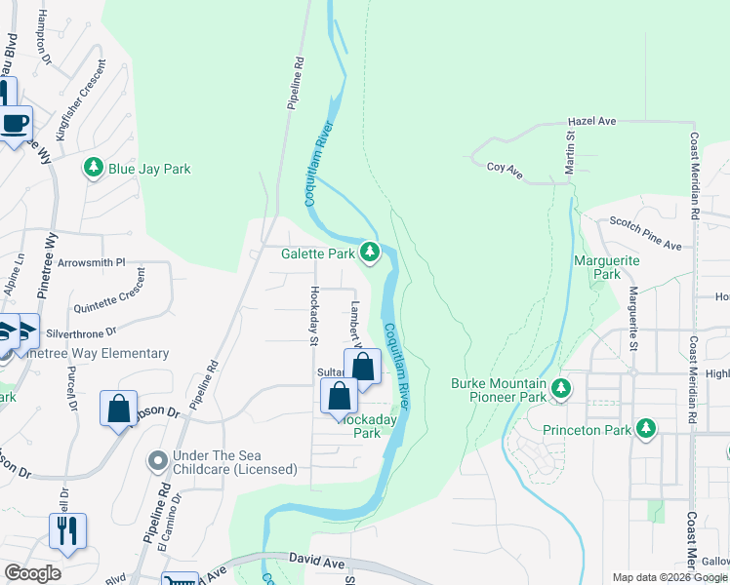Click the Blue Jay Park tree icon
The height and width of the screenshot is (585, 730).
pyautogui.click(x=94, y=169)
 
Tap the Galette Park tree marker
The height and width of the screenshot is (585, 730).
pyautogui.click(x=369, y=253)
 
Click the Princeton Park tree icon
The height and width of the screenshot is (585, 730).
pyautogui.click(x=645, y=428)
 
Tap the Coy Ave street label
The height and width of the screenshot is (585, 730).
pyautogui.click(x=505, y=173)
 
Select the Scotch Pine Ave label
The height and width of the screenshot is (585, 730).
pyautogui.click(x=645, y=234)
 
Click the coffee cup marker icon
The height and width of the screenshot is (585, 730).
pyautogui.click(x=16, y=124)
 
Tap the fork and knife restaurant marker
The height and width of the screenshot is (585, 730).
pyautogui.click(x=67, y=531)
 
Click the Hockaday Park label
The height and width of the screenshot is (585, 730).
pyautogui.click(x=360, y=425)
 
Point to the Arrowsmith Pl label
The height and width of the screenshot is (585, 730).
pyautogui.click(x=92, y=262)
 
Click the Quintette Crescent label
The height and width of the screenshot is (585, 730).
pyautogui.click(x=116, y=293)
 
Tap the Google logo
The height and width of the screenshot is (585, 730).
pyautogui.click(x=32, y=573)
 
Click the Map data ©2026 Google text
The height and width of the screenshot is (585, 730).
pyautogui.click(x=669, y=577)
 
